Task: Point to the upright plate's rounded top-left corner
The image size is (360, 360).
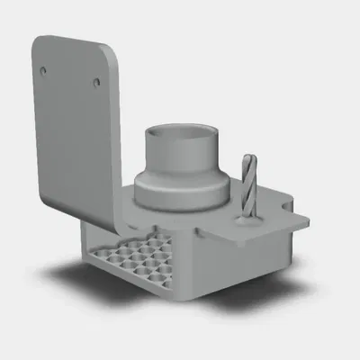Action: (x=38, y=42)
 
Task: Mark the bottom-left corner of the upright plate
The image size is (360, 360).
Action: (x=45, y=193)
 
